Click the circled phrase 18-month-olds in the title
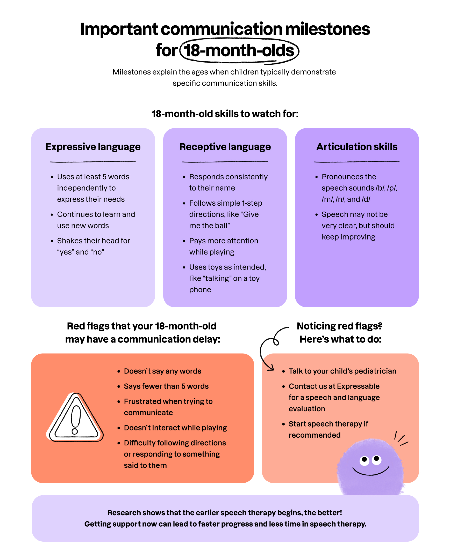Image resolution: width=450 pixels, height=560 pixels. [x=239, y=51]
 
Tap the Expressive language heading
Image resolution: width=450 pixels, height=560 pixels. [x=93, y=147]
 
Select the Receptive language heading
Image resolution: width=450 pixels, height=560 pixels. [x=225, y=147]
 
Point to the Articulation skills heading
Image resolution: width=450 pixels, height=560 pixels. [x=357, y=147]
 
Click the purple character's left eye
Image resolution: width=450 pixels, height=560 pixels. [x=364, y=460]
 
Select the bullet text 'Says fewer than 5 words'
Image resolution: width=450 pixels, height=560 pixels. [x=166, y=386]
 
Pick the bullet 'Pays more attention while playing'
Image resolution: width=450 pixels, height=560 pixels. [x=224, y=246]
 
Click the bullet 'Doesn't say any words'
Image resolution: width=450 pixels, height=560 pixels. [x=163, y=371]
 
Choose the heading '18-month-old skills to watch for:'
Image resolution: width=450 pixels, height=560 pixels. [x=225, y=114]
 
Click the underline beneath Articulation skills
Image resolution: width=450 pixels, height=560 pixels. [x=357, y=162]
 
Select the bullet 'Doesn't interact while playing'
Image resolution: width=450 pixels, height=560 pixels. [x=175, y=428]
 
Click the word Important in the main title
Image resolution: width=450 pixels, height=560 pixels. [x=119, y=29]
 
